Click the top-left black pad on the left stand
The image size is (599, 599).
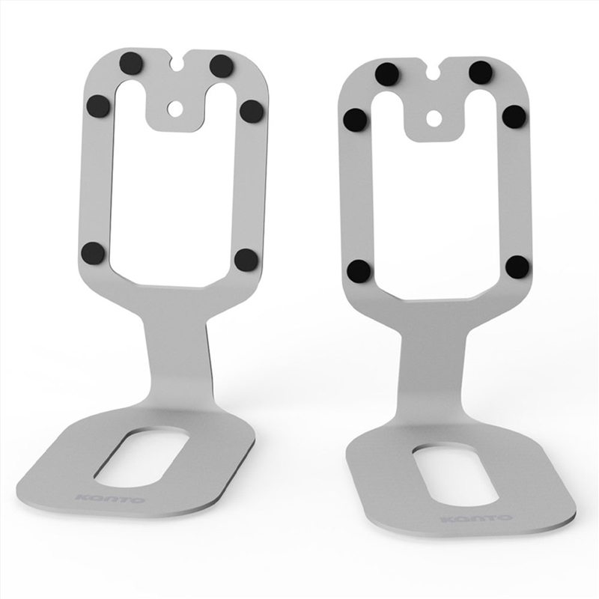[132, 63]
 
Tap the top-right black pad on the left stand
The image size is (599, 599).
[222, 66]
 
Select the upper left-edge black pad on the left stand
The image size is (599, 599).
[98, 106]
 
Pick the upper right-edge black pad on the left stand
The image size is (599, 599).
[252, 111]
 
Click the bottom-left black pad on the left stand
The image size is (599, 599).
[93, 253]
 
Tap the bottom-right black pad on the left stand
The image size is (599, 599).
[246, 260]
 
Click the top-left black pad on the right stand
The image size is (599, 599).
[387, 74]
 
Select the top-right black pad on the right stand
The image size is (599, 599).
[481, 73]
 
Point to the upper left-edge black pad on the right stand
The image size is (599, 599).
[355, 119]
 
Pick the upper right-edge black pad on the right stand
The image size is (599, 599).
[514, 116]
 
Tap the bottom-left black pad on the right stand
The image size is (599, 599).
[359, 270]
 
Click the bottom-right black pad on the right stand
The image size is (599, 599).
[517, 266]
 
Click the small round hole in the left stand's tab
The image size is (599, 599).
[174, 109]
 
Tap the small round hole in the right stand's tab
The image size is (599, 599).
[433, 118]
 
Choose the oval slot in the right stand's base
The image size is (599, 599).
[457, 476]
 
